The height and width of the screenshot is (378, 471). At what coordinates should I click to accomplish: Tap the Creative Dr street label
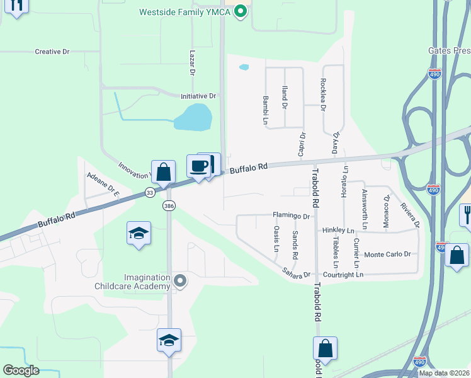(52, 52)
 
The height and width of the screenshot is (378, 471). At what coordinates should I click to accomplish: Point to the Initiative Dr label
(198, 96)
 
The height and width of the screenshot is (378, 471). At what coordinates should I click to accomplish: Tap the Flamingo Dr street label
(292, 215)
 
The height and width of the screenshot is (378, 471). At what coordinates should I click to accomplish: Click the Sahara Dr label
(296, 275)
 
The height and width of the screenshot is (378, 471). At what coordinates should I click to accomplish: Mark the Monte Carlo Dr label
(387, 255)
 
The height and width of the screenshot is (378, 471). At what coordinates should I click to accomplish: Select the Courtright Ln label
(343, 275)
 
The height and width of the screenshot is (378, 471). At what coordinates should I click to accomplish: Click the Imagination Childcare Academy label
(139, 282)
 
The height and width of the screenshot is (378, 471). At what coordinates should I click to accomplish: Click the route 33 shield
(150, 193)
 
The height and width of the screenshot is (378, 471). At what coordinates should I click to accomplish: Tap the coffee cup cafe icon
(198, 166)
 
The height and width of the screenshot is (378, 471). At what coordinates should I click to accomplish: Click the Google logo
(21, 370)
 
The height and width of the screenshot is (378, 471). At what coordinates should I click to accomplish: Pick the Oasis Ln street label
(276, 239)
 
